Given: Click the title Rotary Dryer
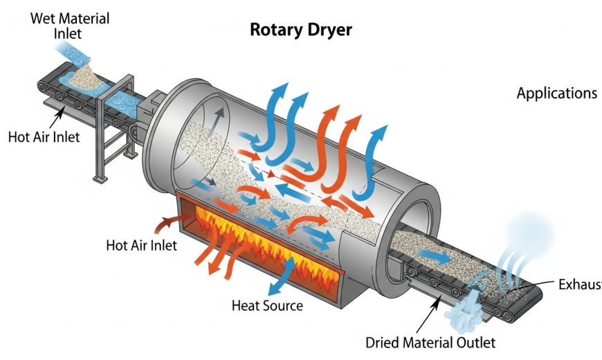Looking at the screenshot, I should click(300, 30).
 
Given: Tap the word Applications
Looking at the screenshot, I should click(556, 93).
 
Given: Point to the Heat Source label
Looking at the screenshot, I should click(267, 305).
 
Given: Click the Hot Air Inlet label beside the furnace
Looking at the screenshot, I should click(141, 244).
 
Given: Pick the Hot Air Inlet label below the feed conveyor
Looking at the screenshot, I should click(44, 136).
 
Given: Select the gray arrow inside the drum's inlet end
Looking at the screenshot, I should click(220, 118).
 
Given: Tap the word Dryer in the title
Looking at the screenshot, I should click(329, 30).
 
